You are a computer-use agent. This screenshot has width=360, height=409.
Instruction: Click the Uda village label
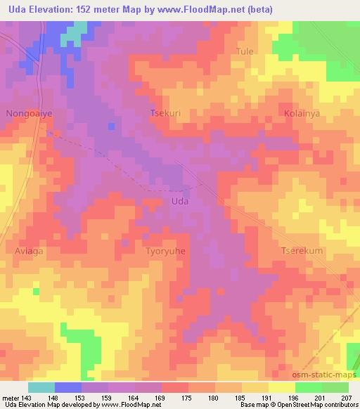(x=179, y=202)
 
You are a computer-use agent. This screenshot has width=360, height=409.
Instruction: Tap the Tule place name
(x=245, y=51)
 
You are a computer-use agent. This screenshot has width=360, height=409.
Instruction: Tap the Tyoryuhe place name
(x=166, y=251)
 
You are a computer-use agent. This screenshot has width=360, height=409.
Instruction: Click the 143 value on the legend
(x=29, y=397)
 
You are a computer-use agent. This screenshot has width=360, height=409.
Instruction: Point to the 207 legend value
(x=347, y=397)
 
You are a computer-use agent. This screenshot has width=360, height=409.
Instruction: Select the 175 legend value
(x=188, y=397)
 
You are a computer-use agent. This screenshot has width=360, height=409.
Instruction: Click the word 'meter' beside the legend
(x=11, y=397)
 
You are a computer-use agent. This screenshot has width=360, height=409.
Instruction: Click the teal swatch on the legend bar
(x=41, y=387)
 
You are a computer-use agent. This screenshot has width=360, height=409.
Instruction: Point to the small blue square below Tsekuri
(x=111, y=126)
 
